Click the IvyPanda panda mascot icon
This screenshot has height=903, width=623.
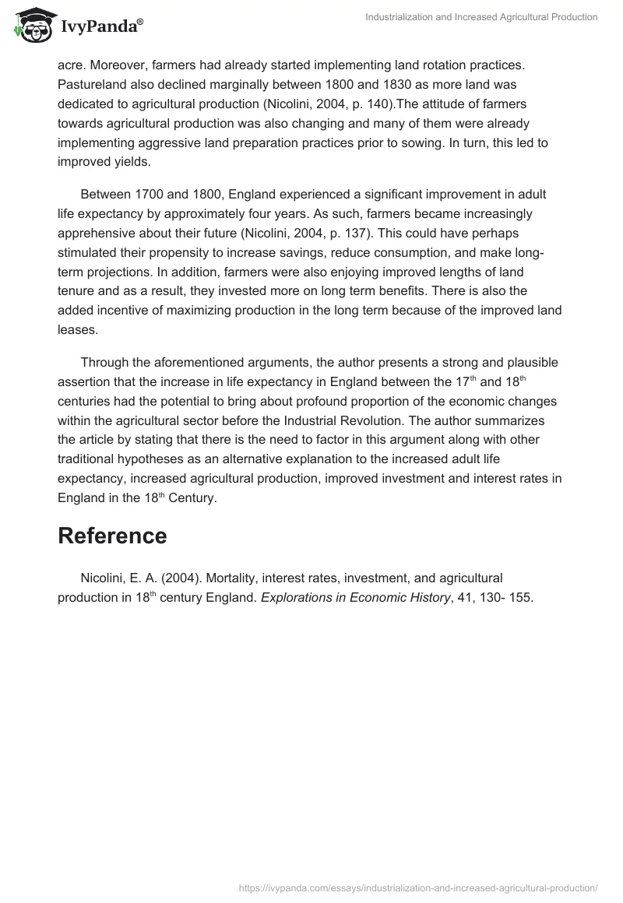(x=29, y=23)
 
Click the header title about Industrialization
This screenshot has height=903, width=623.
(x=481, y=17)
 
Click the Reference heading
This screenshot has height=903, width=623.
(x=112, y=536)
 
